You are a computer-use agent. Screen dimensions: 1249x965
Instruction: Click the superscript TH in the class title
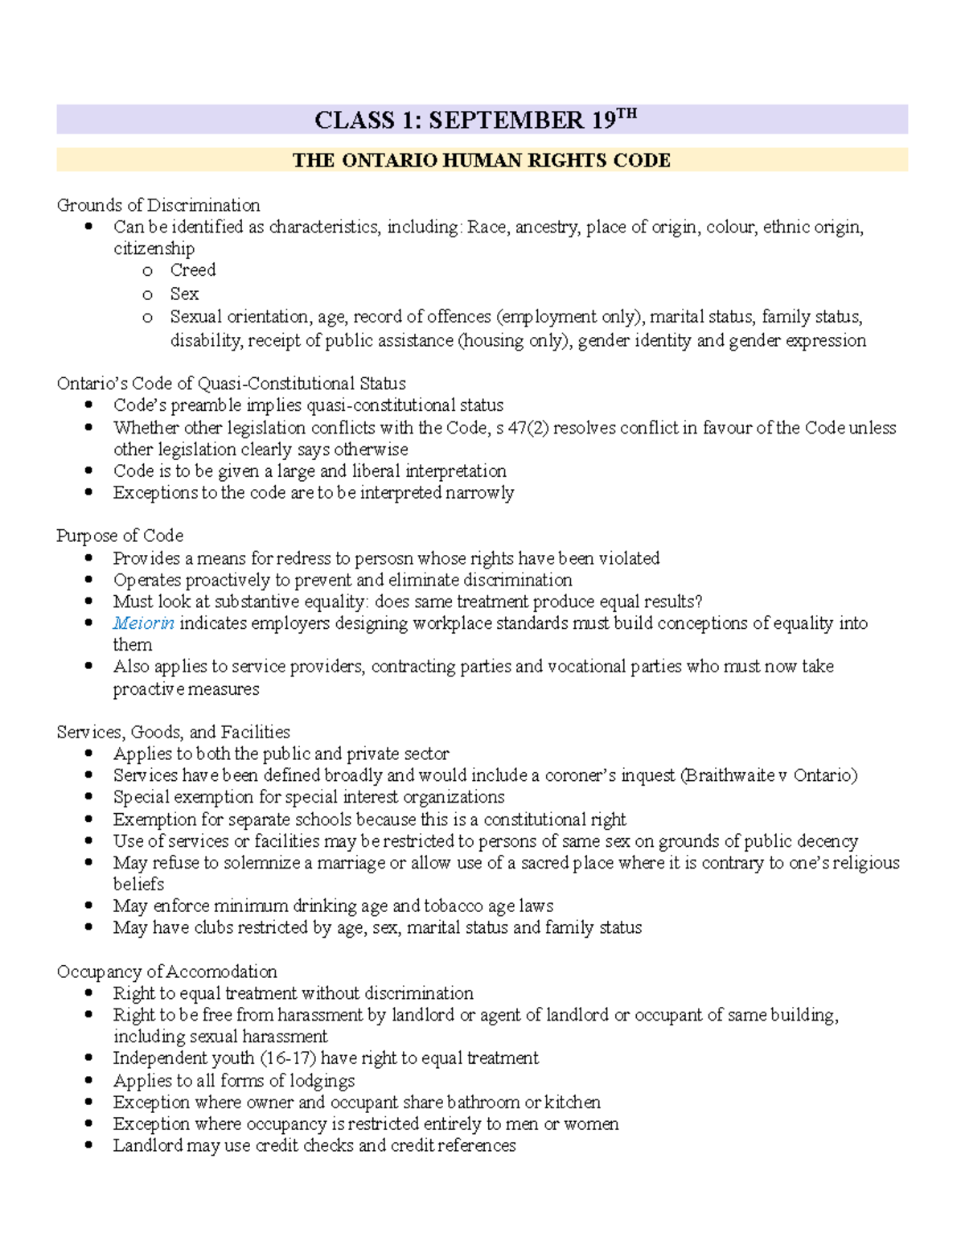626,113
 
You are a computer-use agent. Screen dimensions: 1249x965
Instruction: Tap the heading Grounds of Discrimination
158,205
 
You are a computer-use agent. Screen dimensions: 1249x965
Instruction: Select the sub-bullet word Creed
192,270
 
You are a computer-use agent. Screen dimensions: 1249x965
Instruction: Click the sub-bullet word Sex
183,294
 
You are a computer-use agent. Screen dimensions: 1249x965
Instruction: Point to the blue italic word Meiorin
143,623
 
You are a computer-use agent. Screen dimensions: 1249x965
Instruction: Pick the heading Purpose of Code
120,536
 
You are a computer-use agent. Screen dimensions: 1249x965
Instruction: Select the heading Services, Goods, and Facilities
173,732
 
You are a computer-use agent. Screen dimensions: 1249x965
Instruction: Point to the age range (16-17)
288,1058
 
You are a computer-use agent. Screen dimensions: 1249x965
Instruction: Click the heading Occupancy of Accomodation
166,972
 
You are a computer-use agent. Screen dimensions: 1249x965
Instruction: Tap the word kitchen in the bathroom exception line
572,1102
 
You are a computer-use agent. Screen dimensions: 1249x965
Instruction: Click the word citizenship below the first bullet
154,249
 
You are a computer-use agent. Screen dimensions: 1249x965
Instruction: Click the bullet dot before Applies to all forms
88,1080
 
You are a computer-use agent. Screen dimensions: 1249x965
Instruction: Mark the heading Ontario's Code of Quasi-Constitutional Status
231,384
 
